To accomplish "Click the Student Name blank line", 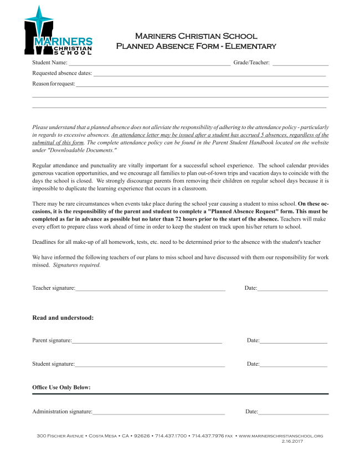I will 149,65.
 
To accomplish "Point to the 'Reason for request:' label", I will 53,84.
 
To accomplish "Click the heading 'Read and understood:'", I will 63,318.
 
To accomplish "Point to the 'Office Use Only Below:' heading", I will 61,387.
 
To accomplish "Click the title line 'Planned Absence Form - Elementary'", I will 196,46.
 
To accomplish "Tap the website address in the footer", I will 280,437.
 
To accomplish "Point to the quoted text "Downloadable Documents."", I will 81,151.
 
